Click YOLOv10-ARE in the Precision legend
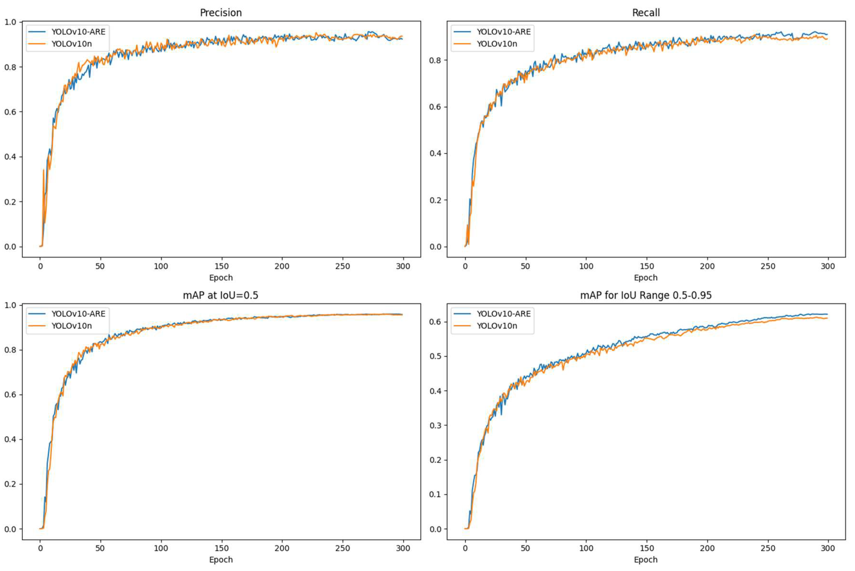78,32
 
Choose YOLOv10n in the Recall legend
497,44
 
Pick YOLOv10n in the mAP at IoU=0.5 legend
71,326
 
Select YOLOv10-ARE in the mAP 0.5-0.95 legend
504,314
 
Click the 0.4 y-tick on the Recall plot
435,153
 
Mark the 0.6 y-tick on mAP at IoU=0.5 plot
10,395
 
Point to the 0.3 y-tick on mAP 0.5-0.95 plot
435,425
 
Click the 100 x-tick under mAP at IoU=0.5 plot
161,548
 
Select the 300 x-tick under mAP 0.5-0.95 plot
828,548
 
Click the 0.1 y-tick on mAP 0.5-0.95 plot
435,495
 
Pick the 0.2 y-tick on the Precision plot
10,202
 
